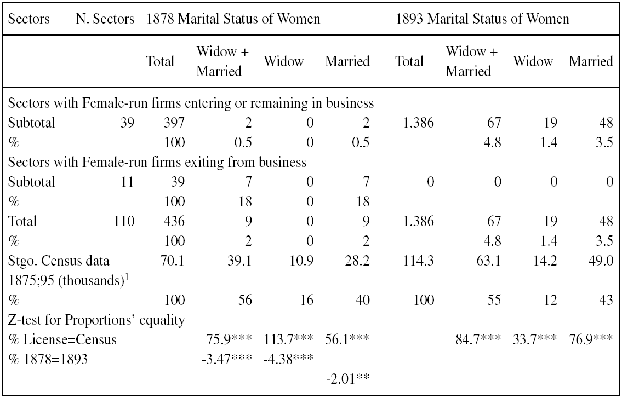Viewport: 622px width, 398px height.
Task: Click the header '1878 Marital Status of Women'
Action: [233, 19]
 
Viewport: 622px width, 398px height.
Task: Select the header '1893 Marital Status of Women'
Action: [483, 19]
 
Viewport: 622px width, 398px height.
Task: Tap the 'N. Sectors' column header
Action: [105, 19]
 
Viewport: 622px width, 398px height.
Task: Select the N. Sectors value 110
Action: [125, 222]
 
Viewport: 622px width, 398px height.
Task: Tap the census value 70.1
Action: [174, 261]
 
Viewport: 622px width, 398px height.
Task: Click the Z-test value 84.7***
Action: [476, 340]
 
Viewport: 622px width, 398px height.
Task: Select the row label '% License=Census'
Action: [63, 340]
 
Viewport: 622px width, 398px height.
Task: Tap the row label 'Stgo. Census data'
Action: [55, 261]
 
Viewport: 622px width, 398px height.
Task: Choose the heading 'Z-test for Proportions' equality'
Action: [96, 320]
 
